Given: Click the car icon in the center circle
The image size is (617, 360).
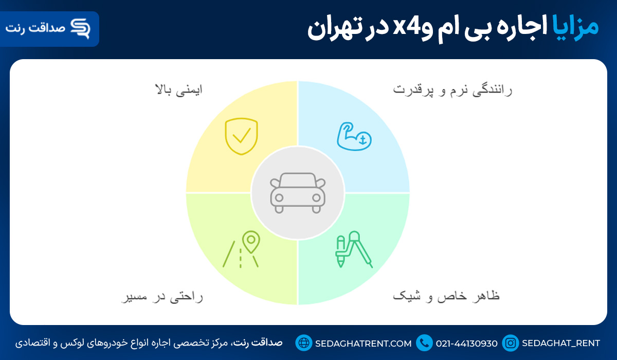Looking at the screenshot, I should [x=298, y=193].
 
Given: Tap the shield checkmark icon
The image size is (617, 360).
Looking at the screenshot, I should [x=241, y=136].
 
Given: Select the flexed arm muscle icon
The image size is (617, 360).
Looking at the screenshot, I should [x=354, y=136].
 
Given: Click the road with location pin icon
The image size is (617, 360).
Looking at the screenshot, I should [x=242, y=250].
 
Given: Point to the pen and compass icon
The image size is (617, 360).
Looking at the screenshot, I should [x=354, y=250].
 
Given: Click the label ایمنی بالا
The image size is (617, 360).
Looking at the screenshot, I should [x=178, y=89].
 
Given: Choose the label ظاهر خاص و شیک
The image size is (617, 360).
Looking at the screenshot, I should [x=446, y=297].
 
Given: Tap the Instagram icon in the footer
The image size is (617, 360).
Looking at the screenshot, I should [x=511, y=343].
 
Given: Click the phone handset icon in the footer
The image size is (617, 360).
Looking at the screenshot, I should [x=425, y=343].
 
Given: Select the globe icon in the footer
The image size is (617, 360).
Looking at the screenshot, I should [x=304, y=343].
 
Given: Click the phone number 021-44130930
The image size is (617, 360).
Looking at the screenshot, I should [x=467, y=343].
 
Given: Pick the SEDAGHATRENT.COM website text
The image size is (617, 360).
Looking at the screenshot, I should [x=363, y=343].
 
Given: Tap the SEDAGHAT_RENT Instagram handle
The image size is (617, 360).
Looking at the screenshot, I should [x=561, y=343].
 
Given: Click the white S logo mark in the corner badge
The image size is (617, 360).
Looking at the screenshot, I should [x=80, y=28].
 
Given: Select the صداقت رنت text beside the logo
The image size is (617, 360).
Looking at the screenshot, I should [x=35, y=28].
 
